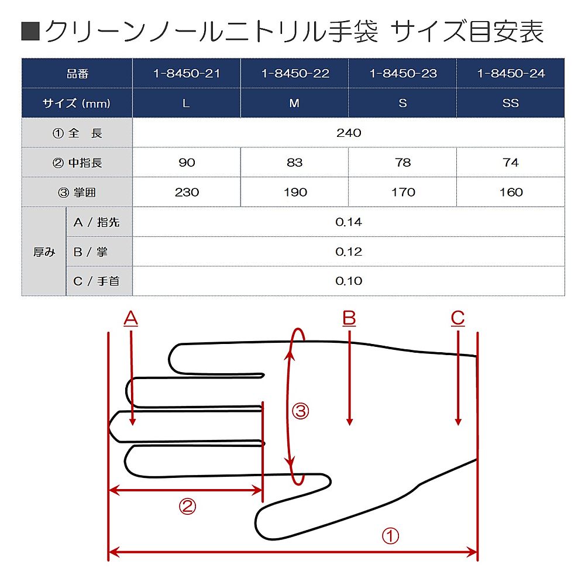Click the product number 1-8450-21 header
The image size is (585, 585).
pyautogui.click(x=187, y=74)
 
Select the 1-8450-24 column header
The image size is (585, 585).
pyautogui.click(x=511, y=74)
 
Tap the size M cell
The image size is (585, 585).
pyautogui.click(x=294, y=103)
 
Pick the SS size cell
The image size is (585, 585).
pyautogui.click(x=510, y=103)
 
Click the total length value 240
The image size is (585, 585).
pyautogui.click(x=349, y=133)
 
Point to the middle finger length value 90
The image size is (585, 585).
pyautogui.click(x=187, y=162)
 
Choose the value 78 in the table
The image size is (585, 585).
pyautogui.click(x=403, y=162)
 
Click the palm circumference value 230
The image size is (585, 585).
pyautogui.click(x=187, y=192)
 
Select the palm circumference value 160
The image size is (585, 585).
pyautogui.click(x=511, y=192)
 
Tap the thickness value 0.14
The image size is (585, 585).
pyautogui.click(x=349, y=222)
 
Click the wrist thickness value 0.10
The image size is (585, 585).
pyautogui.click(x=349, y=281)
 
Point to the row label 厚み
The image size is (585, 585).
pyautogui.click(x=44, y=252)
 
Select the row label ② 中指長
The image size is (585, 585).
pyautogui.click(x=77, y=163)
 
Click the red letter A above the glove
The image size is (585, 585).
pyautogui.click(x=130, y=319)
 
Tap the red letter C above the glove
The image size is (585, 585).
pyautogui.click(x=458, y=319)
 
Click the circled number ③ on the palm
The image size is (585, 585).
pyautogui.click(x=300, y=411)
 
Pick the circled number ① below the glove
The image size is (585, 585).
pyautogui.click(x=390, y=536)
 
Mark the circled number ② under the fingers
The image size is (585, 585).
pyautogui.click(x=187, y=506)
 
